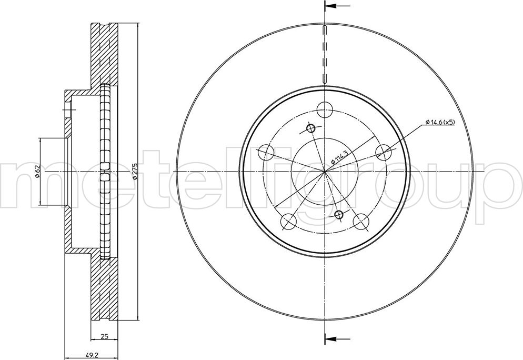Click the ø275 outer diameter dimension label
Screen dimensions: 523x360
tap(134, 171)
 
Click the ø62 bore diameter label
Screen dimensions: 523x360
tap(37, 171)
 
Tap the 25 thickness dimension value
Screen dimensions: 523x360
tap(104, 337)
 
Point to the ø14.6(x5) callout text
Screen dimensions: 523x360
tap(440, 122)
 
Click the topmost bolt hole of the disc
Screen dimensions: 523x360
tap(325, 110)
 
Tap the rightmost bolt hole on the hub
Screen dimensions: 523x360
tap(384, 153)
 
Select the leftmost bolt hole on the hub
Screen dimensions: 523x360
tap(266, 153)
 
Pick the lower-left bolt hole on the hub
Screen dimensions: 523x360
tap(288, 222)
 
